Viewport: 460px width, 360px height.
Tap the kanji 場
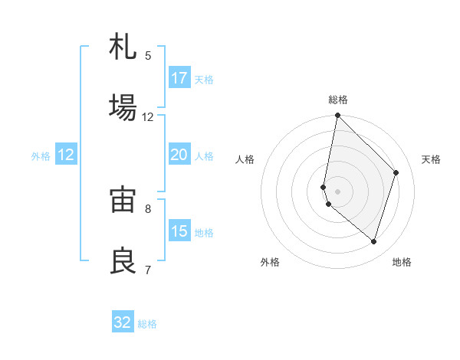pyautogui.click(x=123, y=108)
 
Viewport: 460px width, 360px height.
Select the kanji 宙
pyautogui.click(x=123, y=200)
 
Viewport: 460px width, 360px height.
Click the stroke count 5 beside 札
pyautogui.click(x=148, y=56)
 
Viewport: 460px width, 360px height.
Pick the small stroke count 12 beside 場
pyautogui.click(x=148, y=117)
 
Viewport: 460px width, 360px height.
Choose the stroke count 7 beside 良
pyautogui.click(x=148, y=270)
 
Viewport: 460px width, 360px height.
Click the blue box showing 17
pyautogui.click(x=179, y=78)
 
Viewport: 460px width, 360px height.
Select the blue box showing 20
pyautogui.click(x=179, y=155)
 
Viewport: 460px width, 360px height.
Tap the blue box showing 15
pyautogui.click(x=179, y=231)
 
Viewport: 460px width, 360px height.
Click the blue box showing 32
pyautogui.click(x=123, y=322)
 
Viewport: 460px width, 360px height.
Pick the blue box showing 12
pyautogui.click(x=65, y=155)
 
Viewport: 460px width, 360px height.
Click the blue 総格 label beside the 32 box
pyautogui.click(x=148, y=324)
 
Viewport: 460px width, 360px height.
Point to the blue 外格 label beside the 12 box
pyautogui.click(x=41, y=156)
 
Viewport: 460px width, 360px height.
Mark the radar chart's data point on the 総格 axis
pyautogui.click(x=337, y=116)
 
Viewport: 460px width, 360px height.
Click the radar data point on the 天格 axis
pyautogui.click(x=396, y=172)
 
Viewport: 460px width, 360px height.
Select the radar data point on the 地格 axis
pyautogui.click(x=373, y=241)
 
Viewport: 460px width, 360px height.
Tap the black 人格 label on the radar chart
pyautogui.click(x=245, y=159)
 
